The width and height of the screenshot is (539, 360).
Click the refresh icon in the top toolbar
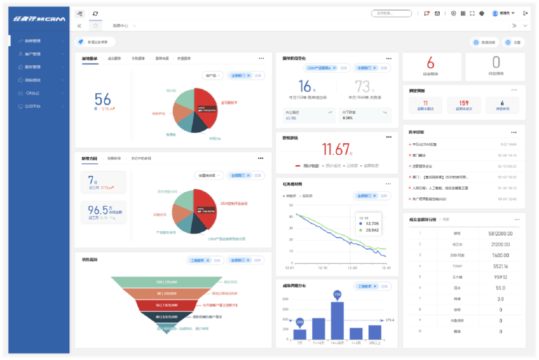pos(95,13)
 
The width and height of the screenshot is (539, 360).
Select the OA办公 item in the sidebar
pos(32,93)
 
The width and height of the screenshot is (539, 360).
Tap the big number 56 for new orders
pos(103,99)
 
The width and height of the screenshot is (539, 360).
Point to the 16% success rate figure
pos(305,86)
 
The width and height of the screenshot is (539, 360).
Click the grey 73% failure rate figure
pos(363,86)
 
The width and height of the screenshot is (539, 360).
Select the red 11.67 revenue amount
pos(336,149)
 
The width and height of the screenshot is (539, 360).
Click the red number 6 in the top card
pos(430,62)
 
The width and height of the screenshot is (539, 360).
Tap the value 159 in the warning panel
pos(464,103)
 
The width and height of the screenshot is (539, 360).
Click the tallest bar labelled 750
pos(337,320)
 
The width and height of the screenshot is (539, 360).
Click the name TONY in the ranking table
pos(458,266)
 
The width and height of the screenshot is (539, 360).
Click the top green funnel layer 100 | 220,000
pos(166,282)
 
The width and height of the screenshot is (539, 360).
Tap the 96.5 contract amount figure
pos(98,210)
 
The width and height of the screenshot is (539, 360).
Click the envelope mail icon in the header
pos(437,13)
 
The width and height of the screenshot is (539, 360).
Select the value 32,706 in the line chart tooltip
pos(372,223)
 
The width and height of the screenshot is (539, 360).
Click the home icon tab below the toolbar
pos(95,25)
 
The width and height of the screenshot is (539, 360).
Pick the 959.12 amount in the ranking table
pos(501,277)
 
